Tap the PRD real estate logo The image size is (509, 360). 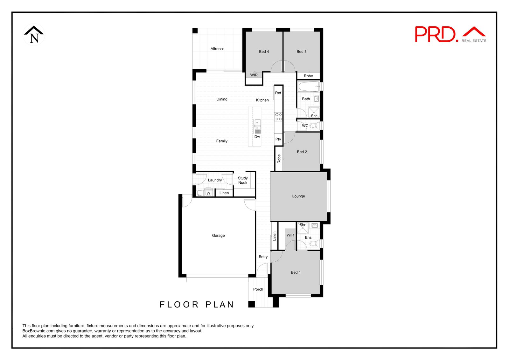450,34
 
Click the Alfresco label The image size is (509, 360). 217,49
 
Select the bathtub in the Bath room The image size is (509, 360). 308,86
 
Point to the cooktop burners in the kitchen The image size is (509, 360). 278,116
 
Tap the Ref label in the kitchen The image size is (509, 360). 278,93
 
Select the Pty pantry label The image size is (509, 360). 278,139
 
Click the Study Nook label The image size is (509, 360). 243,180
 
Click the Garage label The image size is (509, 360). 218,236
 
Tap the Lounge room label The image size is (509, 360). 298,196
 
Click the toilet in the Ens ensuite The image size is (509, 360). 314,244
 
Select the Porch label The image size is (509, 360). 258,289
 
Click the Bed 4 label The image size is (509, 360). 264,52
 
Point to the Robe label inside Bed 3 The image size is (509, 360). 308,76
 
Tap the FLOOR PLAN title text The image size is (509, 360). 197,305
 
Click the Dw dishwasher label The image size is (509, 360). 257,137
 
